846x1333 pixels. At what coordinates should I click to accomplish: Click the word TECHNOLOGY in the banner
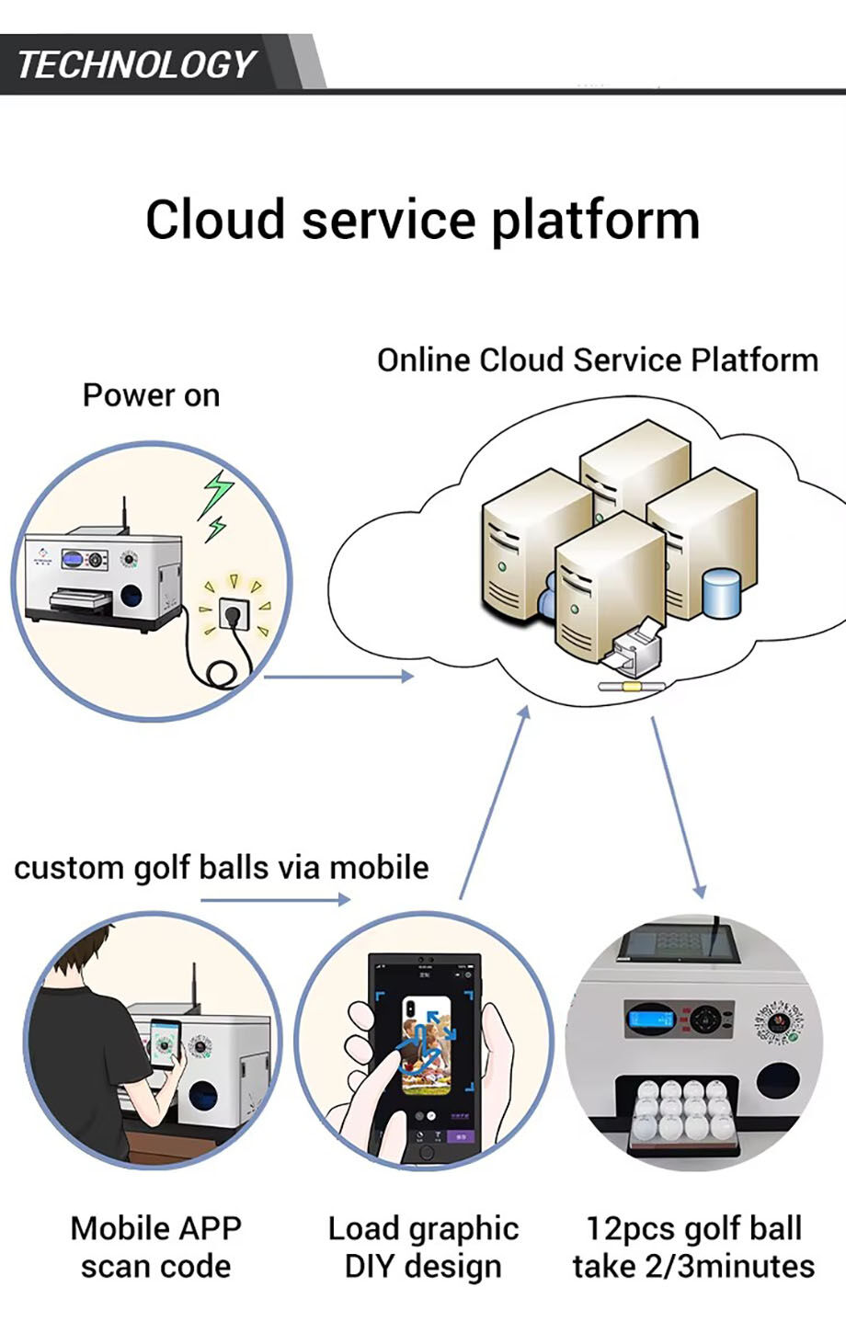tap(136, 64)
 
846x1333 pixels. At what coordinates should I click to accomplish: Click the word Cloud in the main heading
tap(215, 220)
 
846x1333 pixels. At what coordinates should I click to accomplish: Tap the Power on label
tap(151, 395)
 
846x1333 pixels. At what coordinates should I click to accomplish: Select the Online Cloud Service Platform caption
tap(598, 360)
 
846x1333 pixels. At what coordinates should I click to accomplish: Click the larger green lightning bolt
tap(217, 494)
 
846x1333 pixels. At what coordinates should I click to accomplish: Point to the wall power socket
tap(234, 613)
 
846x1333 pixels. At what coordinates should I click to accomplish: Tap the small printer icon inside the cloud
tap(634, 650)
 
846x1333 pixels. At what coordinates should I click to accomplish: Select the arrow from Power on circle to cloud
tap(338, 676)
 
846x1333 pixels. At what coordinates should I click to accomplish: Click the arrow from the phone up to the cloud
tap(494, 803)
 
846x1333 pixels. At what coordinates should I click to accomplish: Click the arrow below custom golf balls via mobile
tap(276, 899)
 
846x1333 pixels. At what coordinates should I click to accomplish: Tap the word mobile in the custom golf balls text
tap(379, 867)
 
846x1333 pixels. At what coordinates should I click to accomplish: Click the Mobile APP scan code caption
tap(156, 1248)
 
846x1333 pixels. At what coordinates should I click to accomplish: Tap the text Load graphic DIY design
tap(423, 1248)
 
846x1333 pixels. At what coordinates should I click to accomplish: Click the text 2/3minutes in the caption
tap(730, 1267)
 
